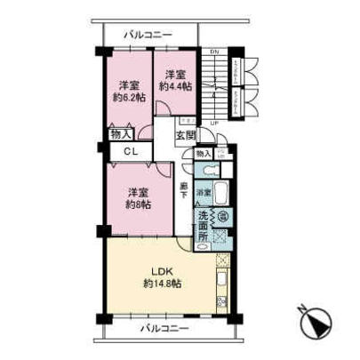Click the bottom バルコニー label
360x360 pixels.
point(165,329)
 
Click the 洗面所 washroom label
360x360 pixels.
point(203,224)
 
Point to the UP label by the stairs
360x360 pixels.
point(213,124)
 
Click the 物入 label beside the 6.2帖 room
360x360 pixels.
point(120,134)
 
